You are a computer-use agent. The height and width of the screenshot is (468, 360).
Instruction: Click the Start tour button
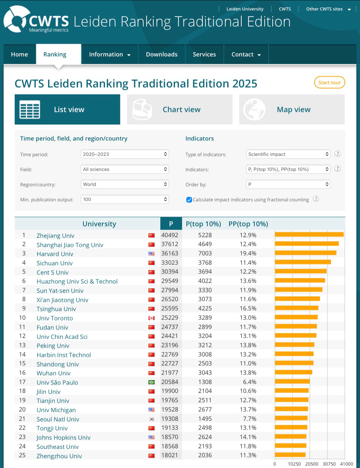329,83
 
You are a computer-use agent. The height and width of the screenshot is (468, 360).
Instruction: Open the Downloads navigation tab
162,54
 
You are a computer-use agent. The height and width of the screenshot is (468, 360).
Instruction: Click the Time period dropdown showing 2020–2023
124,154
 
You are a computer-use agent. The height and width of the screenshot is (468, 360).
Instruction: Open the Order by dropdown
288,184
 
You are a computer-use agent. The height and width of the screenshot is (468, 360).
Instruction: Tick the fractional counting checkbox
189,200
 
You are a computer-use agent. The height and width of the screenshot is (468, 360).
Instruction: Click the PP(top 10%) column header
248,224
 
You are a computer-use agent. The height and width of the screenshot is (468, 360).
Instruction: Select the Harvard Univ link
55,254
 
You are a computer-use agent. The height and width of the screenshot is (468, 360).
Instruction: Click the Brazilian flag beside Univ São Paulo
151,382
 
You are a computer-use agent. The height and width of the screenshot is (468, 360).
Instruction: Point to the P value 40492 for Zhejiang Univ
170,235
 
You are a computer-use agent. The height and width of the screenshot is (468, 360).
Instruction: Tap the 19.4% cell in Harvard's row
248,253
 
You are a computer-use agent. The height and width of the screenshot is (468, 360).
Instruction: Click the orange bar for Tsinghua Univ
296,308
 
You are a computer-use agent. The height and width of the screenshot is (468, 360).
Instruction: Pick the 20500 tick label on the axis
311,464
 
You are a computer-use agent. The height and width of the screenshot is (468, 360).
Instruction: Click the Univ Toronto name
55,318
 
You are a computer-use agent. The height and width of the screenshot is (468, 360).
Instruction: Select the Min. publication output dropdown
124,199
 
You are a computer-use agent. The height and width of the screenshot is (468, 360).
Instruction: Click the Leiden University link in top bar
245,9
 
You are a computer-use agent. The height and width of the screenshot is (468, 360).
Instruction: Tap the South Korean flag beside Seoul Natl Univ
151,419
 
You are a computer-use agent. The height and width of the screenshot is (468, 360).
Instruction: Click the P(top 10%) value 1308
205,382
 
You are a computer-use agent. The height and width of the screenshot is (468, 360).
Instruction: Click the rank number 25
22,455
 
